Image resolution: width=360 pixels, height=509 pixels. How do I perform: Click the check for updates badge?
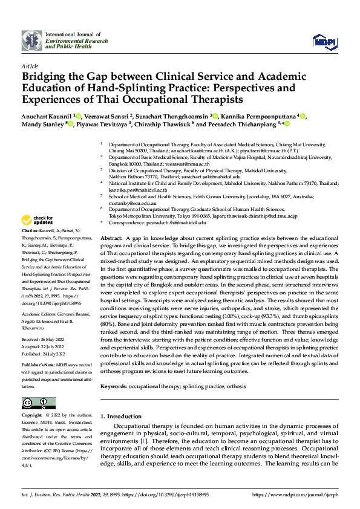coord(38,220)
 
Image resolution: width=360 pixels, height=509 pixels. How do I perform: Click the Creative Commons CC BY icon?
coord(35,403)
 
